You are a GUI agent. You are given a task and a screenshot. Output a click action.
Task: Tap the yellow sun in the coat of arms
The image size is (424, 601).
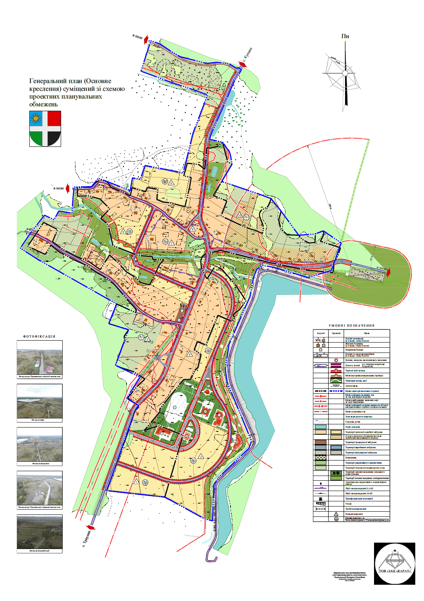(36, 118)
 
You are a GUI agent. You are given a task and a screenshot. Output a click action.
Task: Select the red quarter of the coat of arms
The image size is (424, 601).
(54, 118)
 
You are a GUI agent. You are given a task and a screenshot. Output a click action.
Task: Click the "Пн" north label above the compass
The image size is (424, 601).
(345, 36)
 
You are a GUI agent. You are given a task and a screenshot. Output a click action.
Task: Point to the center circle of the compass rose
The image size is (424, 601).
(345, 73)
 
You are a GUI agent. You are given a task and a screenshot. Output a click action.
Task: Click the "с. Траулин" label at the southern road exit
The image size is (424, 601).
(87, 539)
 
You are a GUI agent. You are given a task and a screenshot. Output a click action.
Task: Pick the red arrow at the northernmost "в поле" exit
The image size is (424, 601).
(146, 39)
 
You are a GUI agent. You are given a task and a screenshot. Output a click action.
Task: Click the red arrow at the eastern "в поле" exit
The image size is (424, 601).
(389, 272)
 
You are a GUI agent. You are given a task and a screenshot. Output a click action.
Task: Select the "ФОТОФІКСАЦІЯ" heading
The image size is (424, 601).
(39, 336)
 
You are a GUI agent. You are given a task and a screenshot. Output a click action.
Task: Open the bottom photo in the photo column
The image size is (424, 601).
(40, 532)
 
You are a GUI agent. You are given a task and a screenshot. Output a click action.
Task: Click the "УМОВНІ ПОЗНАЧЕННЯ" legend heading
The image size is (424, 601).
(351, 326)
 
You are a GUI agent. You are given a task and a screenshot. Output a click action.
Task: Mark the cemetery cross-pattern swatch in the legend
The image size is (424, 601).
(320, 458)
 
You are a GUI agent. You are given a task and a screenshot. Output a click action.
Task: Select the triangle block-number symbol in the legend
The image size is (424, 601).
(336, 514)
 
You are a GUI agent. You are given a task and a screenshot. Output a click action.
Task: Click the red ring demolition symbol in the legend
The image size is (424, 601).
(336, 360)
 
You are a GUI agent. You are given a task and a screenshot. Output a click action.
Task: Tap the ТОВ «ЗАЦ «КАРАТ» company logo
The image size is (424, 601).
(394, 564)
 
